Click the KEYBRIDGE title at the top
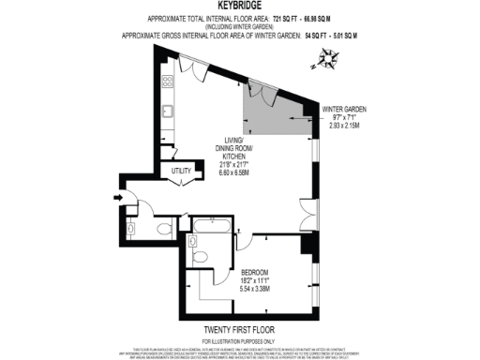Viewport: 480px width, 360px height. point(239,6)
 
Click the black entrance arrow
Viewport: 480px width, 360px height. point(116,197)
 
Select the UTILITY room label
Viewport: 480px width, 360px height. point(182,171)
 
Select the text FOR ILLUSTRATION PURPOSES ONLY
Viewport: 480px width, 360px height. point(239,342)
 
